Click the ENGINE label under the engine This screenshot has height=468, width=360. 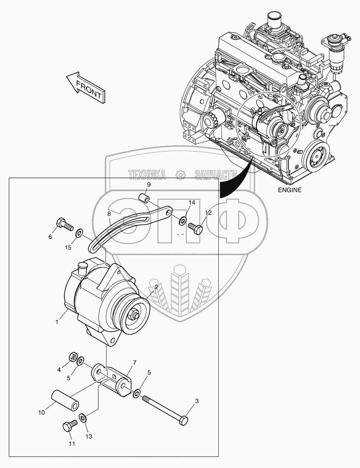tap(290, 190)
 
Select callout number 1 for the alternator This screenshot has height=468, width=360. tap(57, 322)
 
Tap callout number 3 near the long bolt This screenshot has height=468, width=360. tap(197, 401)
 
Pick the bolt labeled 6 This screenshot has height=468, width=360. tap(64, 225)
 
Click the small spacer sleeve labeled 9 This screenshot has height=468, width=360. tap(144, 198)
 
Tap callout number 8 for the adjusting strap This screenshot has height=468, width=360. tap(109, 214)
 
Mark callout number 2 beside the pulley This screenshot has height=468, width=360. tap(156, 287)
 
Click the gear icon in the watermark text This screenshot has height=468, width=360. tap(180, 174)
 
